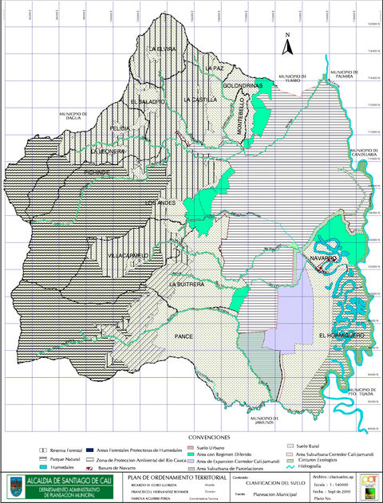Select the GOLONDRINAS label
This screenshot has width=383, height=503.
tap(243, 85)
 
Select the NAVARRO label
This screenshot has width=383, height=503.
tap(325, 260)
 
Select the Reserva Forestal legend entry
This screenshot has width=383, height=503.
tap(68, 450)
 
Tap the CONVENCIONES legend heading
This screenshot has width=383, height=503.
tap(211, 438)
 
